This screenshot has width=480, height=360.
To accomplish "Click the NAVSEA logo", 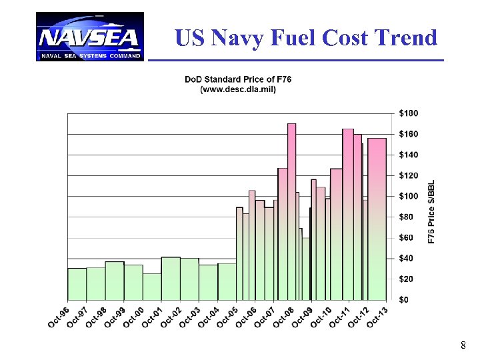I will point(89,37).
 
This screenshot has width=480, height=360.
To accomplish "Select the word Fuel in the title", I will point(293,38).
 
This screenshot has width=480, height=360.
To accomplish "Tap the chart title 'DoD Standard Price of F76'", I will point(238,80).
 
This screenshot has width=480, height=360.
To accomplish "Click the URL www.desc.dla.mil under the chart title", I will point(238,89).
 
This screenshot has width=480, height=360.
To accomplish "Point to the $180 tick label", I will point(408,113).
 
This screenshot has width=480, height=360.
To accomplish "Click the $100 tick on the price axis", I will point(408,196).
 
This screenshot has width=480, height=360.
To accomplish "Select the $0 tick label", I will point(404,300).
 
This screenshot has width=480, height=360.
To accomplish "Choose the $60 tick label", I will point(406,237).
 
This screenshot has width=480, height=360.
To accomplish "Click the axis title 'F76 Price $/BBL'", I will point(431,211).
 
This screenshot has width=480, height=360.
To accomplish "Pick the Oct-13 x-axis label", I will point(377,316).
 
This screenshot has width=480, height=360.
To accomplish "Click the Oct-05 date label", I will point(227,316).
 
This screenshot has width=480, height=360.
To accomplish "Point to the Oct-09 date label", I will point(302,316).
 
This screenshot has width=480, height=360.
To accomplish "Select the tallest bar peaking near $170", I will point(291,213).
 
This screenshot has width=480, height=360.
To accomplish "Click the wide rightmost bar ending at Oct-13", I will point(377,220).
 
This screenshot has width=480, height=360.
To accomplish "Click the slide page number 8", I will point(463,345).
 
